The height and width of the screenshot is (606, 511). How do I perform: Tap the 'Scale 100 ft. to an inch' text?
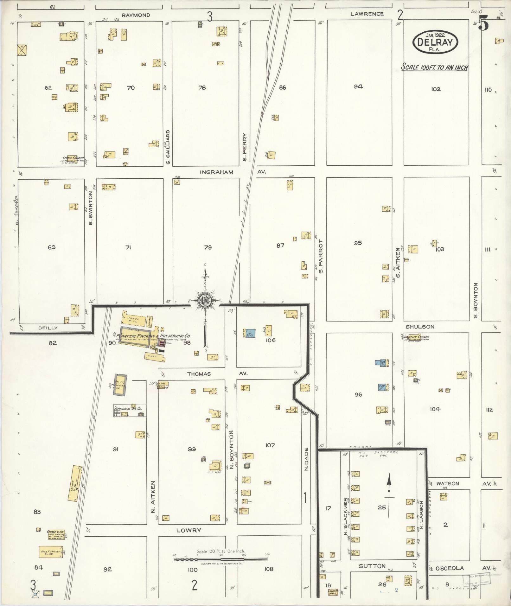tap(435, 67)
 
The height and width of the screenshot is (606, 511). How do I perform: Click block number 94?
tap(358, 86)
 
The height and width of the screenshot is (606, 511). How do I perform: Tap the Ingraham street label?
tap(217, 172)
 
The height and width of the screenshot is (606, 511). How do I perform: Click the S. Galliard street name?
tap(168, 147)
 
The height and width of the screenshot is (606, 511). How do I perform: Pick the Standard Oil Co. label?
tap(128, 409)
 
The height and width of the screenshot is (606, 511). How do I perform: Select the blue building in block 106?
tap(250, 333)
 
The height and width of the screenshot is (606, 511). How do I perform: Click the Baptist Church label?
tap(418, 337)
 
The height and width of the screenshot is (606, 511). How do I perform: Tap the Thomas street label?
tap(199, 374)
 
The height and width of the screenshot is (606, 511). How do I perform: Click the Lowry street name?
tap(188, 530)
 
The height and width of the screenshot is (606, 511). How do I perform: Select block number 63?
tap(51, 247)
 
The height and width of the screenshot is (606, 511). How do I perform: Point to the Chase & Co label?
tap(56, 532)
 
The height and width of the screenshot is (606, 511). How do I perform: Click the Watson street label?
tap(447, 483)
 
